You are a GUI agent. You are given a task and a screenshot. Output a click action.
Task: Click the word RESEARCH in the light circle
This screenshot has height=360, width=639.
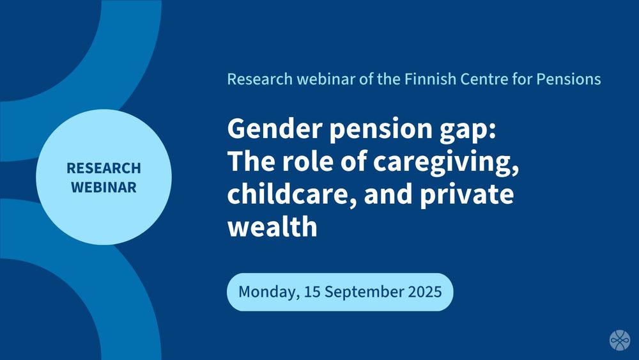(x=104, y=168)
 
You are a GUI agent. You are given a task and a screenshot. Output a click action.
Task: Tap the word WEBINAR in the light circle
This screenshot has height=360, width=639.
(x=104, y=187)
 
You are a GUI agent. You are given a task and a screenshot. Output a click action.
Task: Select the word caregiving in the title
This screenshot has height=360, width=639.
(x=446, y=162)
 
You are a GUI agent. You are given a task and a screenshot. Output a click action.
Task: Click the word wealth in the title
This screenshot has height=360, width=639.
(x=272, y=226)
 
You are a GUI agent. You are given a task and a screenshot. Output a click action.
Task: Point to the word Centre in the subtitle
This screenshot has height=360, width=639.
(x=484, y=79)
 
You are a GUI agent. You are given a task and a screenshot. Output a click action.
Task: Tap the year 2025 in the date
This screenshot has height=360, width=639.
(x=425, y=292)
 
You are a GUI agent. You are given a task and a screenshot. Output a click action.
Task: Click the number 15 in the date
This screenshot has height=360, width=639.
(x=312, y=292)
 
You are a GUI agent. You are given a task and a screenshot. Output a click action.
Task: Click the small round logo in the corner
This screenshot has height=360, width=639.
(x=620, y=340)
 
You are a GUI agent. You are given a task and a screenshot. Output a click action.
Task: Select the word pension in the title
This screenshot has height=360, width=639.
(x=381, y=130)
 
